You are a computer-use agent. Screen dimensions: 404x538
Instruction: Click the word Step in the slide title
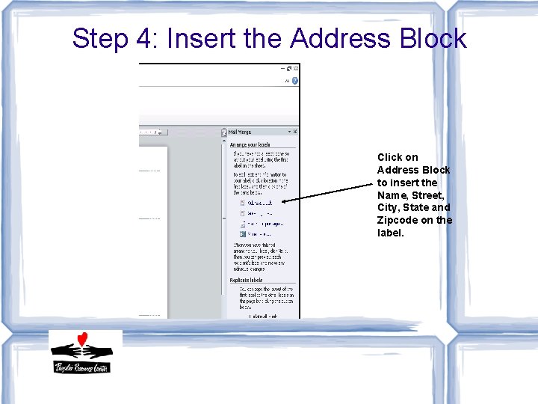coord(101,38)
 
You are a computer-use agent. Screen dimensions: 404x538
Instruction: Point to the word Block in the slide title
coord(433,38)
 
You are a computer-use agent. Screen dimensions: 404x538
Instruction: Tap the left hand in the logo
coord(68,349)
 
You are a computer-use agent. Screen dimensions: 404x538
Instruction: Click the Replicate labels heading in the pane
coord(250,280)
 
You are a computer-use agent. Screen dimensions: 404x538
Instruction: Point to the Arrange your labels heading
coord(250,144)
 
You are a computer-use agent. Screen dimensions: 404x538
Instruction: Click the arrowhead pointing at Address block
coord(287,201)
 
